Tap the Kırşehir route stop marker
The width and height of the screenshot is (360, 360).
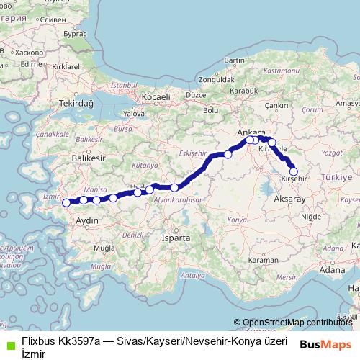click(x=293, y=171)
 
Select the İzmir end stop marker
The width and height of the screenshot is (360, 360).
click(x=67, y=202)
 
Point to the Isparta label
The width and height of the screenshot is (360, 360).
click(x=176, y=237)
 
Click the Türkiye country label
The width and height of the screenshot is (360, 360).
click(x=336, y=176)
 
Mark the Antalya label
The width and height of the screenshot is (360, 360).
click(x=190, y=275)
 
